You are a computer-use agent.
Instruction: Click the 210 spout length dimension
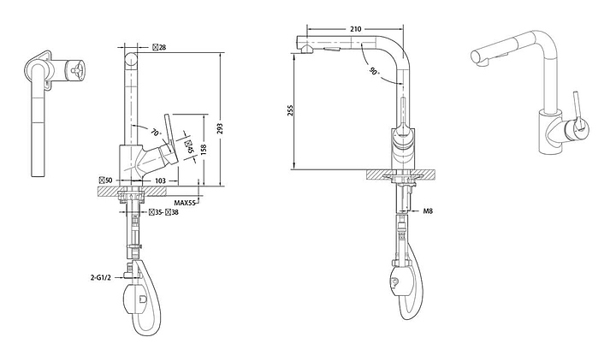355,29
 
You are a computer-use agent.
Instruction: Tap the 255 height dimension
291,111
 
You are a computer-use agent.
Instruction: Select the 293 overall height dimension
220,128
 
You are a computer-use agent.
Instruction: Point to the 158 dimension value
204,150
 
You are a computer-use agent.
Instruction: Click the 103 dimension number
160,180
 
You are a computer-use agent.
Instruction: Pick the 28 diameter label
159,48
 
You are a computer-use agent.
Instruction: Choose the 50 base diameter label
106,180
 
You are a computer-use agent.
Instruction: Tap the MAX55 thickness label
185,203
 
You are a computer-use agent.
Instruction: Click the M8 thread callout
428,211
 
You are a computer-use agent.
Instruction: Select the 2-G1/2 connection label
101,278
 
